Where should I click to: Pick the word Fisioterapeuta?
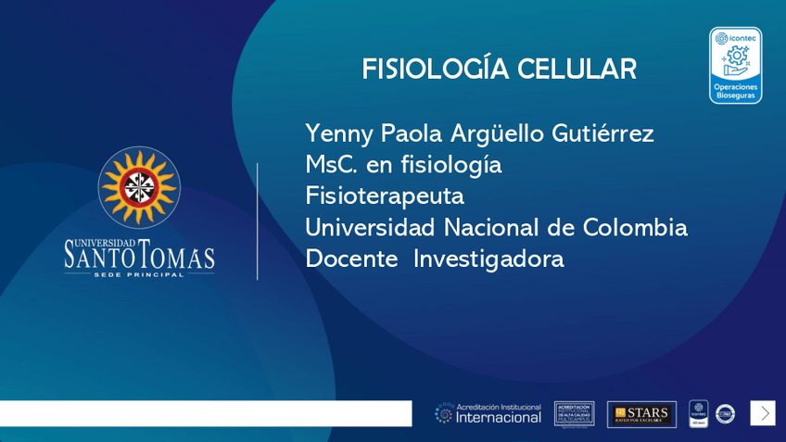[x=385, y=196]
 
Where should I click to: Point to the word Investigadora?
[x=488, y=259]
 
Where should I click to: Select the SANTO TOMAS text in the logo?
[x=139, y=256]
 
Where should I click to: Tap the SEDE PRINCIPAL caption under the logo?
[x=139, y=275]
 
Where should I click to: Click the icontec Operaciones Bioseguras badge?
[x=735, y=65]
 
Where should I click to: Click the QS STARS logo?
[x=641, y=413]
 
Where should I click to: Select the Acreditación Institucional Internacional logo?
[x=488, y=413]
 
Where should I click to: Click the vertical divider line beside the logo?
[x=258, y=221]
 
